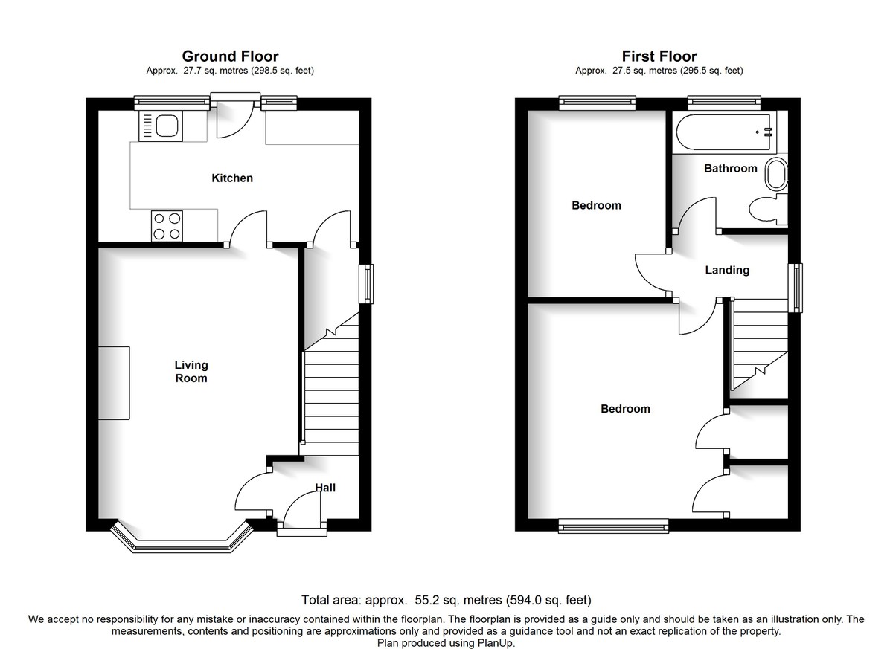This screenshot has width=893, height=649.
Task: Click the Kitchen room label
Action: [232, 178]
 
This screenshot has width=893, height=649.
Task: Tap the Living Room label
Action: [191, 372]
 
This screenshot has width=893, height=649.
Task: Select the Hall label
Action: [325, 488]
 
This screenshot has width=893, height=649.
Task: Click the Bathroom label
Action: [731, 169]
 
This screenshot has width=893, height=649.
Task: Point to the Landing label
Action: [727, 271]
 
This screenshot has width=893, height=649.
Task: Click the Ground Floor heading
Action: [231, 56]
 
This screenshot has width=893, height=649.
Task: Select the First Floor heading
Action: [659, 56]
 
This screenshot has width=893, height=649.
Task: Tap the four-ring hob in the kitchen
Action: [167, 225]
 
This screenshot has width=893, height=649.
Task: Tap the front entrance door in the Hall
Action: [301, 520]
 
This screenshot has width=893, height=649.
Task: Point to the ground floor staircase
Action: [330, 394]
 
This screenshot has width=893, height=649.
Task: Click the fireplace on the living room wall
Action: [115, 384]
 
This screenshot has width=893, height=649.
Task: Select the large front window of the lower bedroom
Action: [614, 527]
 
